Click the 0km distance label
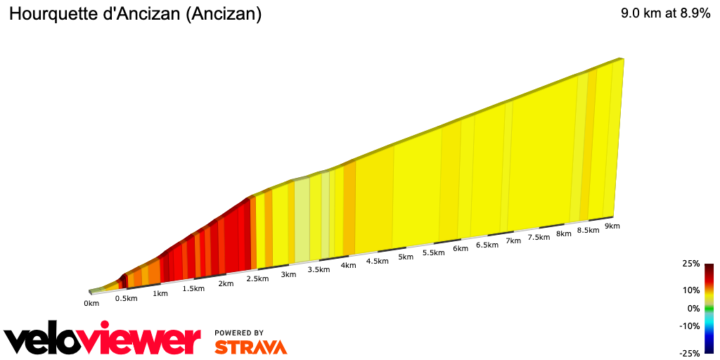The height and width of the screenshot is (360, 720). click(91, 303)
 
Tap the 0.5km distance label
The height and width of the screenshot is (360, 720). click(126, 298)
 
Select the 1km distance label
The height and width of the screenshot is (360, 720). click(160, 293)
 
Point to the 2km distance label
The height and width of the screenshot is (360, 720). click(226, 283)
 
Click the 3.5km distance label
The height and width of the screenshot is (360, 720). click(319, 270)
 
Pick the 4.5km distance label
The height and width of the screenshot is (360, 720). click(377, 262)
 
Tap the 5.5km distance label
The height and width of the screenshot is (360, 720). click(434, 253)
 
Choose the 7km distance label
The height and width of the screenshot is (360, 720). click(513, 241)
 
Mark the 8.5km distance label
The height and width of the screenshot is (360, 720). click(588, 231)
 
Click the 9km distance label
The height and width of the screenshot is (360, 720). click(612, 226)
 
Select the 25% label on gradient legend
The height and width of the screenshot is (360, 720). click(692, 264)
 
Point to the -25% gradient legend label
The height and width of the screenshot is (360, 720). click(690, 354)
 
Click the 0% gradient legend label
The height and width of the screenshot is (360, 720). click(694, 308)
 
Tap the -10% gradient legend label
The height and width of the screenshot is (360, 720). click(690, 326)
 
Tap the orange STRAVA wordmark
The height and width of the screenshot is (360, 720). click(251, 347)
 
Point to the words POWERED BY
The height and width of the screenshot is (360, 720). click(239, 333)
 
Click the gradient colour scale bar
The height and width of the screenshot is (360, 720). click(709, 308)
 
